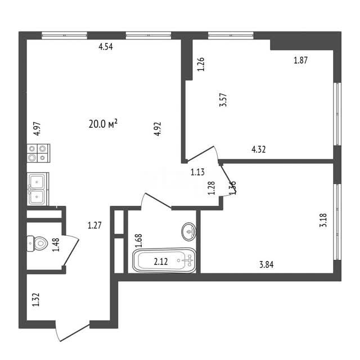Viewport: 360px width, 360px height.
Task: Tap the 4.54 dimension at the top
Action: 106,47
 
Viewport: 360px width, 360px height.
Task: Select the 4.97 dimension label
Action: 37,130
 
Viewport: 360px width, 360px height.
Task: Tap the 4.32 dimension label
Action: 259,150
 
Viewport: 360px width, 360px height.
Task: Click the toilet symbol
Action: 39,245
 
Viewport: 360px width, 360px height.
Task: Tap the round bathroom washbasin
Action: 188,231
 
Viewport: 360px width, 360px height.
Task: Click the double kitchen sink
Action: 38,188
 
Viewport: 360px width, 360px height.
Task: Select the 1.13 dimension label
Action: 197,173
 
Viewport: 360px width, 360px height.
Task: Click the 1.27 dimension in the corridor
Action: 94,226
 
